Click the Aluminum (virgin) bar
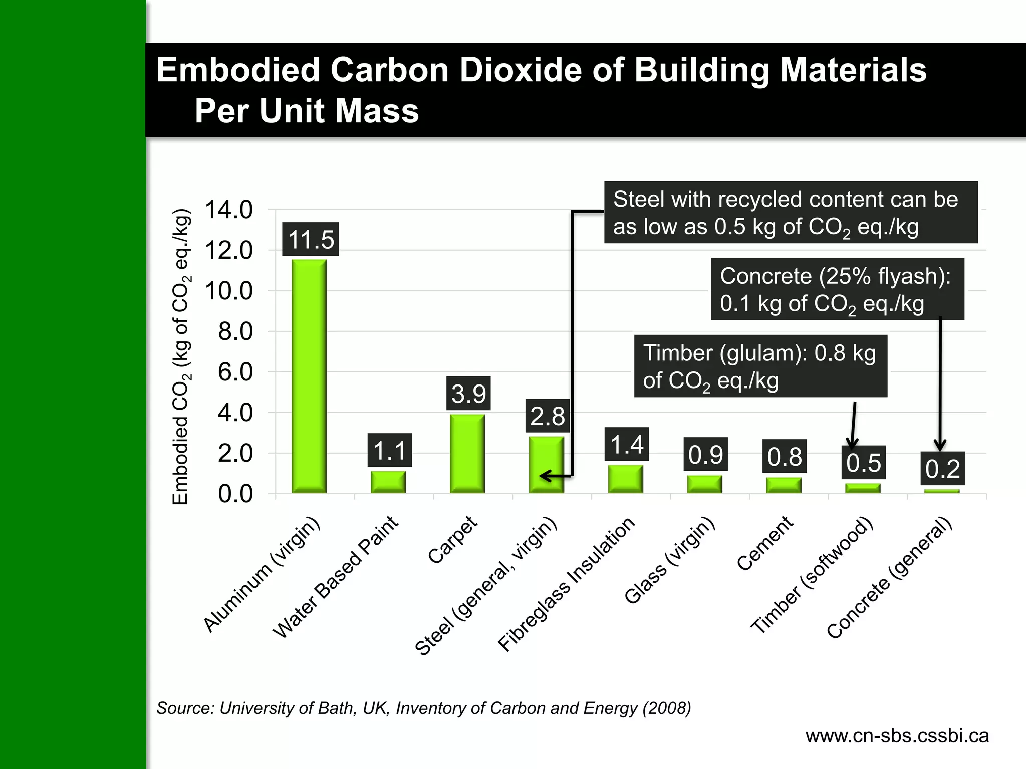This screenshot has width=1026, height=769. pyautogui.click(x=309, y=375)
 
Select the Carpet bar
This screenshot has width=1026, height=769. pyautogui.click(x=467, y=453)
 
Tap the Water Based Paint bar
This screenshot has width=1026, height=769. pyautogui.click(x=388, y=482)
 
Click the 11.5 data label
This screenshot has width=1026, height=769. pyautogui.click(x=311, y=239)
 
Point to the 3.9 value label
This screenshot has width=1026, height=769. pyautogui.click(x=468, y=394)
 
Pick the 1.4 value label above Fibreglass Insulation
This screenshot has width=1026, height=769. pyautogui.click(x=627, y=444)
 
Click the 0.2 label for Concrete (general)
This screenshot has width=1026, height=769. pyautogui.click(x=942, y=469)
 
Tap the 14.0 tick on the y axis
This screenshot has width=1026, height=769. pyautogui.click(x=228, y=210)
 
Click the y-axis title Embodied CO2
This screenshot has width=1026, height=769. pyautogui.click(x=181, y=356)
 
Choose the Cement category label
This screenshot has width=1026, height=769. pyautogui.click(x=765, y=543)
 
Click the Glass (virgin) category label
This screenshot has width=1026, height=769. pyautogui.click(x=670, y=560)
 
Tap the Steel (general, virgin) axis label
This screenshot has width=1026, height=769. pyautogui.click(x=486, y=586)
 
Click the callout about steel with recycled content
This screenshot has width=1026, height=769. pyautogui.click(x=791, y=212)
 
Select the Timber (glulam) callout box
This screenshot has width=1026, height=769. pyautogui.click(x=760, y=366)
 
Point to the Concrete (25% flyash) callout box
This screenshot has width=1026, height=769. pyautogui.click(x=837, y=289)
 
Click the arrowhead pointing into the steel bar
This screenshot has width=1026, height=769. pyautogui.click(x=545, y=476)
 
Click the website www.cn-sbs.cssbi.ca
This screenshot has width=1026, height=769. pyautogui.click(x=897, y=736)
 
